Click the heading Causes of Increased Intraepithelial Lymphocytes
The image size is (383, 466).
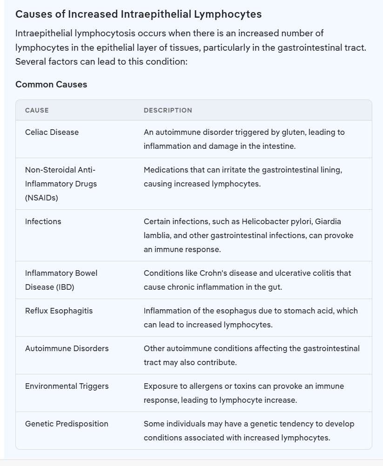click(138, 14)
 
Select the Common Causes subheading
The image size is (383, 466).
click(51, 84)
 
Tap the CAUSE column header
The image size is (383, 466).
click(37, 110)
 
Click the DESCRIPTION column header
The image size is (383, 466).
click(168, 110)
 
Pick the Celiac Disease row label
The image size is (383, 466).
click(52, 132)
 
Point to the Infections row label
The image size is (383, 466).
click(43, 221)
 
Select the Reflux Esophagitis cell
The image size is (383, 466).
click(59, 311)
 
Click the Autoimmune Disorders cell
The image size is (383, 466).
click(67, 348)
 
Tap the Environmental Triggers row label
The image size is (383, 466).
click(67, 386)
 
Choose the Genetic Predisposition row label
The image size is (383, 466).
click(67, 424)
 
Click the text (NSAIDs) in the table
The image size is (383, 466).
click(41, 198)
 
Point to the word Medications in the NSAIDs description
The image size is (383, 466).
click(166, 170)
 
